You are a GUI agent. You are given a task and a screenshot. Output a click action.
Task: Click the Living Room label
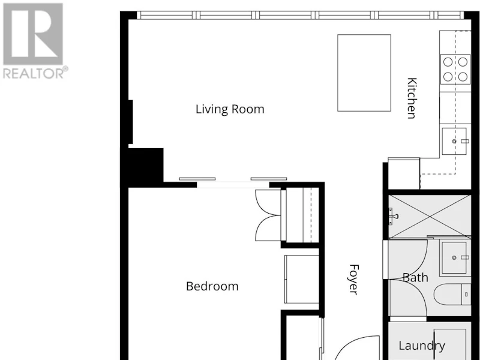pos(230,109)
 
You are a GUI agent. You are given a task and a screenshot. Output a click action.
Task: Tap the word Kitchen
pos(412,98)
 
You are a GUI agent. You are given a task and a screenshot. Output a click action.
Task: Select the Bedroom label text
pos(212,286)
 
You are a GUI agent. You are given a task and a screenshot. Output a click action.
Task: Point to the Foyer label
pos(353,280)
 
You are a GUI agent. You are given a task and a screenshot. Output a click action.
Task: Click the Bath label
pos(415,278)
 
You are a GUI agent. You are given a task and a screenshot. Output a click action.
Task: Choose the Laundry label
pos(422,346)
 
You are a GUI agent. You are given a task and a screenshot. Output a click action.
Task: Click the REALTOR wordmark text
pos(35,73)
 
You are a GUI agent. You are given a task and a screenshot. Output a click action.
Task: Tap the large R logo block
pos(33,34)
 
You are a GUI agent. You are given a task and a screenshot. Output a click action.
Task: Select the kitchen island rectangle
pos(364,73)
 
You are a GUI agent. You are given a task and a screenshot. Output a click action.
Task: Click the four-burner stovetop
pos(455,69)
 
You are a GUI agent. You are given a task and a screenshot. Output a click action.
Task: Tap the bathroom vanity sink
pos(455,258)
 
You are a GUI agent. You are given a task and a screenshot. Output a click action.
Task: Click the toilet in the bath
pos(452,294)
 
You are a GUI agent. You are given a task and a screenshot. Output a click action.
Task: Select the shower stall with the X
pos(430,217)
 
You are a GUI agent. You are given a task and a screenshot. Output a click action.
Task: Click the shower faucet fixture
pos(393,216)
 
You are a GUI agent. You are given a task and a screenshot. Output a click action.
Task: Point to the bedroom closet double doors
pos(268,215)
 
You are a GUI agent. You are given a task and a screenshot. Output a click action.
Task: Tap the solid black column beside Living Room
pos(145,167)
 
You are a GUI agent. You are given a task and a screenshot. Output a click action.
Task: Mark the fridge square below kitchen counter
pos(404,173)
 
